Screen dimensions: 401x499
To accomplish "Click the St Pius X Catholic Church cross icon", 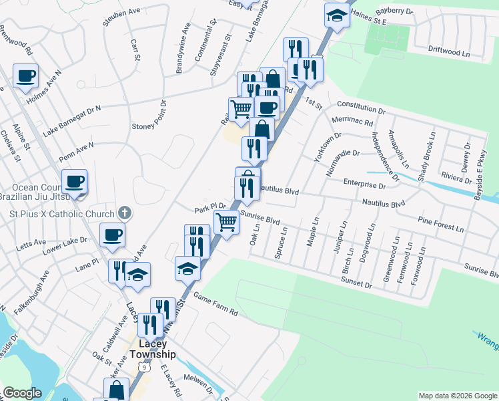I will [x=123, y=213].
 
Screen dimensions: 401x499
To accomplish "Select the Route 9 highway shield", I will [x=143, y=367].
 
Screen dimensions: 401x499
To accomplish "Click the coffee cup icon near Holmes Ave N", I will [x=26, y=76].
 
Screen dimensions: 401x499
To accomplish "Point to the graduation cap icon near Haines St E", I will [x=337, y=15].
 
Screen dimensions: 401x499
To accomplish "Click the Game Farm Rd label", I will [x=215, y=303].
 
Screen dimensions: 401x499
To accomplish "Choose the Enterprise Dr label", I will [x=364, y=183].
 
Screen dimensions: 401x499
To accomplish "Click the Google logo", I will [x=22, y=393].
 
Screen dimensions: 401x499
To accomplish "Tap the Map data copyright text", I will [x=458, y=396].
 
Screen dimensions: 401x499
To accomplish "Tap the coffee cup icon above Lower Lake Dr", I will [x=112, y=234].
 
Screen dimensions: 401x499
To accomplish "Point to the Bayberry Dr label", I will [x=394, y=12].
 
